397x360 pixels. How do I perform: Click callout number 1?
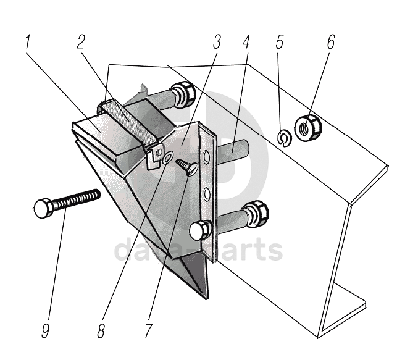[28, 43]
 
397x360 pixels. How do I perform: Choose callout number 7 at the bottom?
[148, 330]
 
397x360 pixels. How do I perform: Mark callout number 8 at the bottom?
[101, 330]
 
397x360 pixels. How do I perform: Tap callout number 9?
[45, 330]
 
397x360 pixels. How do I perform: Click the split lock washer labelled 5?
[284, 138]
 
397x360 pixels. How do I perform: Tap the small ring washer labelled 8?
[167, 159]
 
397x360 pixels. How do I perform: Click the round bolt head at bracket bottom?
[198, 232]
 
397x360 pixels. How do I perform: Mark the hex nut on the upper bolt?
[183, 93]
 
